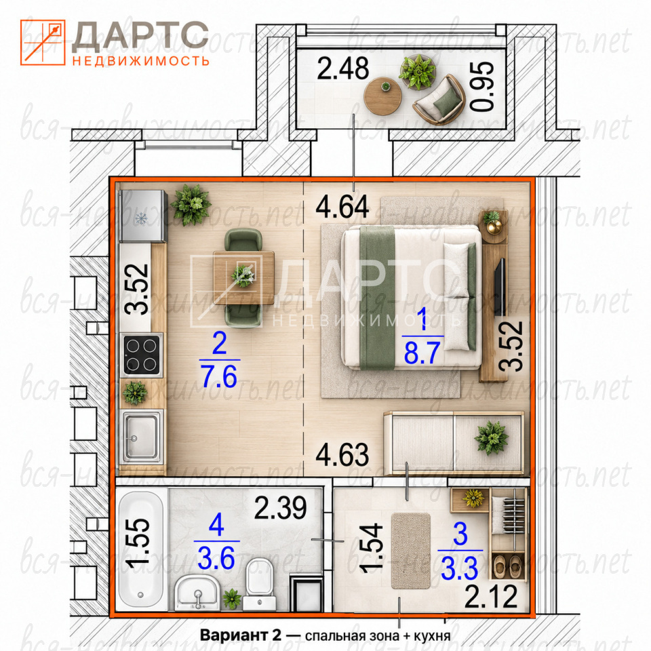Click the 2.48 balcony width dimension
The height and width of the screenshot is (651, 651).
tap(342, 69)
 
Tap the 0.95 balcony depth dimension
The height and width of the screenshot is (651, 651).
tap(481, 86)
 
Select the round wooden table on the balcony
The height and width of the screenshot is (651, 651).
tap(382, 96)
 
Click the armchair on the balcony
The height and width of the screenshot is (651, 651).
tap(439, 100)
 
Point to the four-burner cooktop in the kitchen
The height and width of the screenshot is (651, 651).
tap(142, 355)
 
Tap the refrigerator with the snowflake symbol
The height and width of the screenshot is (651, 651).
tap(143, 216)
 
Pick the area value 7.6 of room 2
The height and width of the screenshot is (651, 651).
tap(219, 376)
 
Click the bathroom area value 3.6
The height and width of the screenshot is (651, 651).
tap(216, 558)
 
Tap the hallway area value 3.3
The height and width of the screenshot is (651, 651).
tap(459, 568)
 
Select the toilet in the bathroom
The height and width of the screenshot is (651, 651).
tap(259, 583)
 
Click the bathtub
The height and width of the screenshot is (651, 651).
tap(141, 549)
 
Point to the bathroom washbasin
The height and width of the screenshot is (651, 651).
tap(197, 593)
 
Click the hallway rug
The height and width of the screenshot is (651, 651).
tap(411, 551)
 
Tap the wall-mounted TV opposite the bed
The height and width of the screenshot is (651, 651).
tap(500, 286)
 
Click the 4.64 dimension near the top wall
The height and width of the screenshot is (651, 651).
tap(342, 207)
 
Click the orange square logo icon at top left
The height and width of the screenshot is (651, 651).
tap(43, 42)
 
